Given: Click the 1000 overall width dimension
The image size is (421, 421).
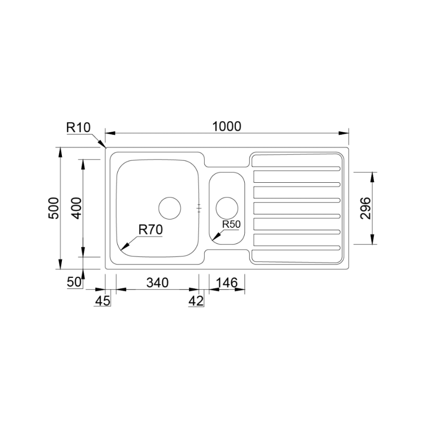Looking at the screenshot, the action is click(x=227, y=126).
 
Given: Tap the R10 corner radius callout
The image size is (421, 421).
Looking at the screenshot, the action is click(x=78, y=127).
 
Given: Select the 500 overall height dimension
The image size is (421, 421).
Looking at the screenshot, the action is click(x=53, y=208).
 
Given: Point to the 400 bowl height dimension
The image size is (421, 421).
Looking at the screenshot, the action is click(x=77, y=208).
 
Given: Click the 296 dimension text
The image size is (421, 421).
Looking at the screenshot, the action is click(x=366, y=209).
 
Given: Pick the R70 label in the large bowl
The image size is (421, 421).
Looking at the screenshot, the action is click(x=151, y=230).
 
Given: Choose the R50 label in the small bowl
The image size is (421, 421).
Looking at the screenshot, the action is click(x=231, y=224).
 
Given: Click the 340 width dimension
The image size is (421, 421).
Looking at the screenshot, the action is click(x=158, y=282).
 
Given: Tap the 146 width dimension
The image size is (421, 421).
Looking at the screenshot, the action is click(x=227, y=282).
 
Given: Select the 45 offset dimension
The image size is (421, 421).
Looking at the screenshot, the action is click(x=103, y=301).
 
